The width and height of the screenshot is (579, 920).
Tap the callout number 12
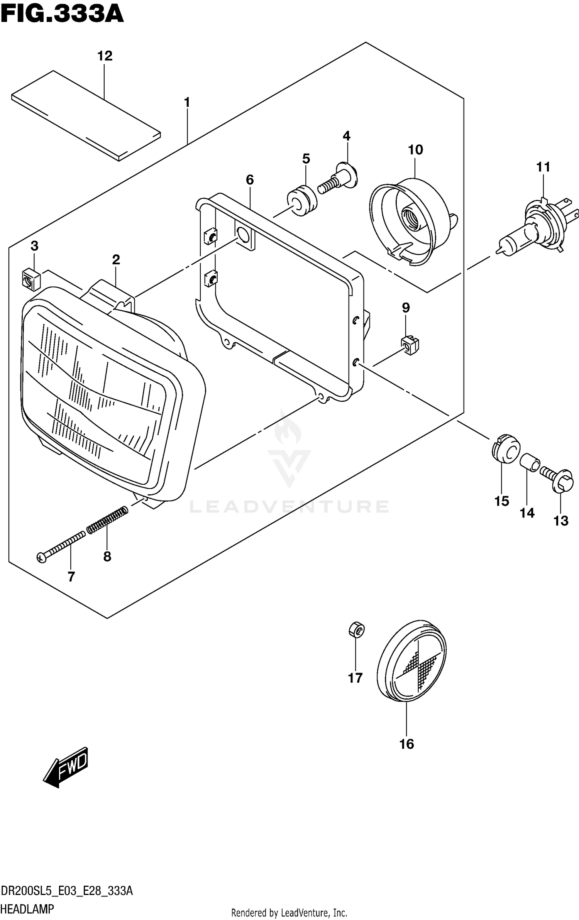click(x=105, y=56)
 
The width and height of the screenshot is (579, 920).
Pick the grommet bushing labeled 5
click(x=302, y=200)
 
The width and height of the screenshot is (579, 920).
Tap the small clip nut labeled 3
click(x=31, y=279)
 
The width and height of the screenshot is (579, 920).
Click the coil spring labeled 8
click(x=107, y=520)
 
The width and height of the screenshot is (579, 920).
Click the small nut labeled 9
click(x=410, y=345)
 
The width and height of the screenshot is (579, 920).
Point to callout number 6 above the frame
click(x=250, y=179)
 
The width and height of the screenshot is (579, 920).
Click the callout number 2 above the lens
click(x=116, y=260)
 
